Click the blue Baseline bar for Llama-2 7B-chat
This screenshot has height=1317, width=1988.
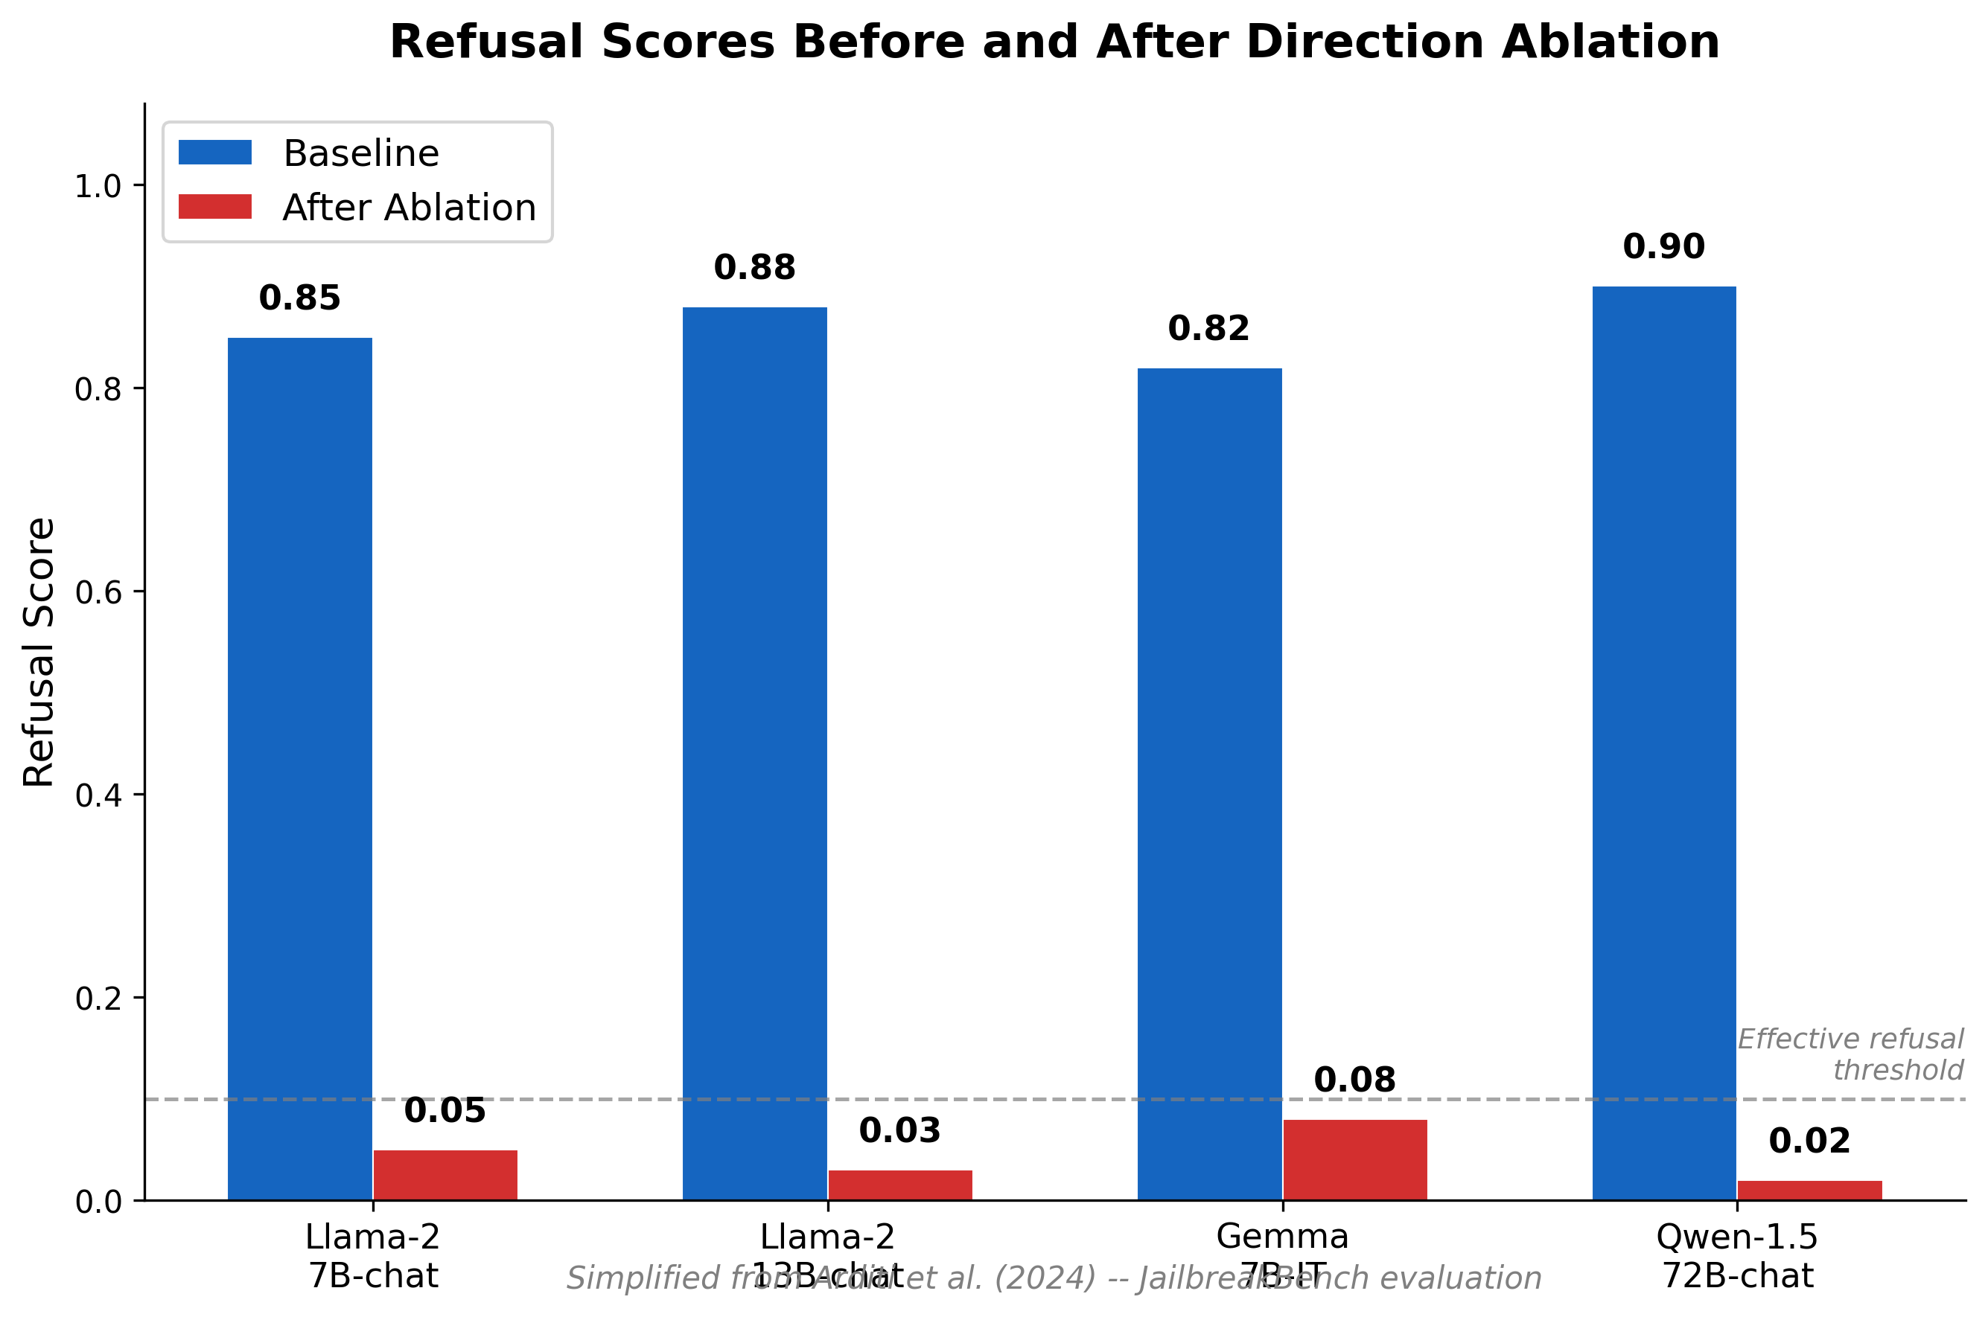coord(300,769)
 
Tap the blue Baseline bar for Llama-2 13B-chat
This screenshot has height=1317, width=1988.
coord(754,754)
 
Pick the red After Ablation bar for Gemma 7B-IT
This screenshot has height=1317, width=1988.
coord(1354,1159)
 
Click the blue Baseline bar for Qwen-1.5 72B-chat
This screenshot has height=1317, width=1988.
coord(1663,743)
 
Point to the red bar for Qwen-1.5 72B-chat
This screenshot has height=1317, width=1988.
coord(1810,1191)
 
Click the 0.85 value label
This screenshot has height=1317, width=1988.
coord(300,298)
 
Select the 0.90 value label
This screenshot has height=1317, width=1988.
coord(1663,246)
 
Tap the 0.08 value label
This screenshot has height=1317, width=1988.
coord(1354,1080)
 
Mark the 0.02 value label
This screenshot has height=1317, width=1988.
coord(1810,1141)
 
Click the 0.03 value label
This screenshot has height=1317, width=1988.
coord(900,1130)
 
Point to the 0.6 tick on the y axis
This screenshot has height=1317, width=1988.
coord(98,592)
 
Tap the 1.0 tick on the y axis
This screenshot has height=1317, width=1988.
coord(98,185)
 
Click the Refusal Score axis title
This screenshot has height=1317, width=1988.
coord(39,652)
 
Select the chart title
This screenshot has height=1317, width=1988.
coord(1054,42)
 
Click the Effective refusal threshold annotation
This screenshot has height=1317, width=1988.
coord(1850,1054)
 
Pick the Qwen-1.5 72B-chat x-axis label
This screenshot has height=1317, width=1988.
coord(1737,1257)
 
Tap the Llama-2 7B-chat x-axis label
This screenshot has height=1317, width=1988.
coord(372,1257)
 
